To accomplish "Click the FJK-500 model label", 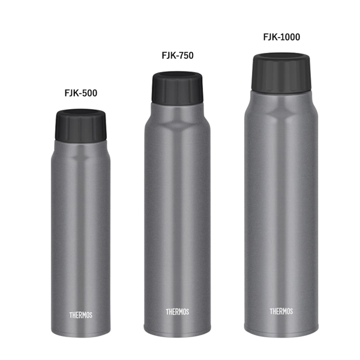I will tap(80, 93).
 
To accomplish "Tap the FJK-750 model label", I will tap(177, 55).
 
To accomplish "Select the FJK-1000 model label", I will tap(281, 37).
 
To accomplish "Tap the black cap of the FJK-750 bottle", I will tap(177, 88).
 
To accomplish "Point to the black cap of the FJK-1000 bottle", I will tap(281, 72).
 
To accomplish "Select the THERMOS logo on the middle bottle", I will tap(178, 312).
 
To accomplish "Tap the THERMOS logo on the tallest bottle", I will tap(281, 311).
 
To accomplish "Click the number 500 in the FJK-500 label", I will tap(89, 93).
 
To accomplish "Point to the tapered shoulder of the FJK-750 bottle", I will tap(177, 114).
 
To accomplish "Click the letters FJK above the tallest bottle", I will tap(271, 37).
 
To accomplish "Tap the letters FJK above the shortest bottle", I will tap(71, 93).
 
